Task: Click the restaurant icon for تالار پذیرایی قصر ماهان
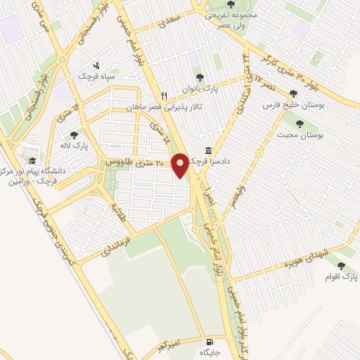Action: [x=164, y=96]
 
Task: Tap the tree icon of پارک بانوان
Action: [x=200, y=77]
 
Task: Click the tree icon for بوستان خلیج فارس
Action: [x=293, y=94]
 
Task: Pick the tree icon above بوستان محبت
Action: [x=300, y=123]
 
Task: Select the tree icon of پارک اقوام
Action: [x=341, y=266]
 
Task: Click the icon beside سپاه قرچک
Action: [x=107, y=65]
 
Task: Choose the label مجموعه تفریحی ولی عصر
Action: [x=231, y=18]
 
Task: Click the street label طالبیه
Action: [x=115, y=210]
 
